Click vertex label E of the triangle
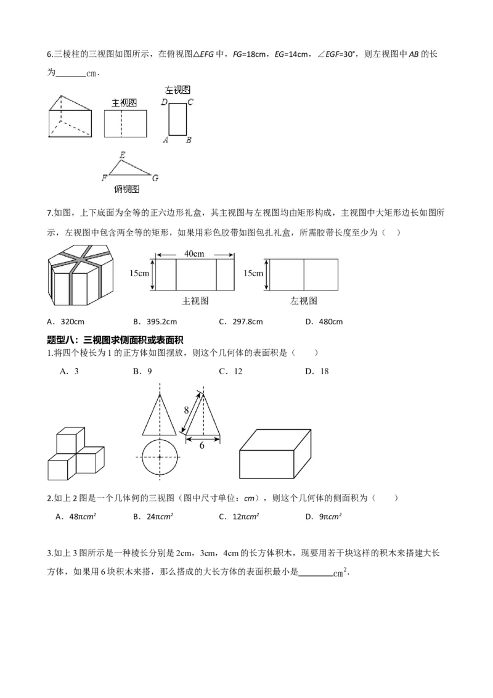click(123, 155)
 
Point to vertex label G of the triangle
click(155, 179)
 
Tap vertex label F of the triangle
click(104, 179)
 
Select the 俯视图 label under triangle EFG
click(126, 189)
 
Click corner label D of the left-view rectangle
click(164, 102)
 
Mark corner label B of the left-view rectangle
click(189, 141)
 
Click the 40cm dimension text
click(195, 253)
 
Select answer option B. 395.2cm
click(155, 321)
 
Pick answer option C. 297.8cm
click(241, 321)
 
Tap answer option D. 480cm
click(324, 321)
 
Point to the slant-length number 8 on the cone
click(185, 409)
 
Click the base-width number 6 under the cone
click(202, 445)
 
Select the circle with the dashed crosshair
click(160, 457)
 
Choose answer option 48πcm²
click(75, 517)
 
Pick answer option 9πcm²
click(324, 517)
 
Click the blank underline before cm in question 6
click(71, 73)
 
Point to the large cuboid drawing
click(274, 455)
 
